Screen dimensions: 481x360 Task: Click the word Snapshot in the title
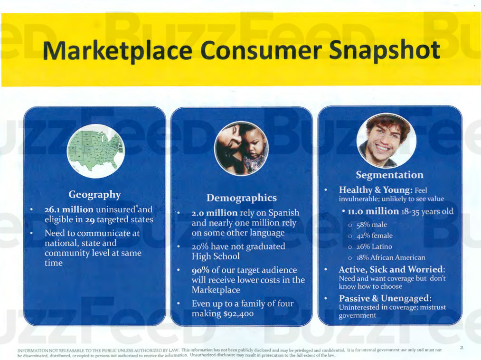(x=385, y=50)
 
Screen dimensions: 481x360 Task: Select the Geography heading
(x=94, y=195)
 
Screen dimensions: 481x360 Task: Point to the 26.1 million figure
(x=69, y=209)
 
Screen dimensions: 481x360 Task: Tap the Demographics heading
(x=242, y=198)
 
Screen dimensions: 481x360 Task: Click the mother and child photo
(x=241, y=149)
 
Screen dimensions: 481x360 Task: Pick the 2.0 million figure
(x=215, y=213)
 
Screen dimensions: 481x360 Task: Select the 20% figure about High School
(x=200, y=246)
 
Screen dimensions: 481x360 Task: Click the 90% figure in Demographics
(x=200, y=270)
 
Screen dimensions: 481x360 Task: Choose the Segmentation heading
(x=389, y=175)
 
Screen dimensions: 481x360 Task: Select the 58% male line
(x=371, y=225)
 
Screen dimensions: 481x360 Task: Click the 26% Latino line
(x=374, y=247)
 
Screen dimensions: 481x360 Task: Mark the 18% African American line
(x=391, y=258)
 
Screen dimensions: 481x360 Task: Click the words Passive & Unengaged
(x=385, y=298)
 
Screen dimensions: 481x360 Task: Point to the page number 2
(x=462, y=348)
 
